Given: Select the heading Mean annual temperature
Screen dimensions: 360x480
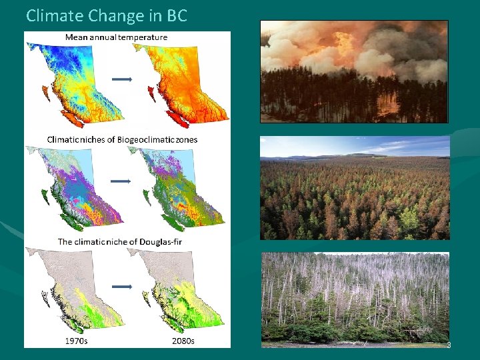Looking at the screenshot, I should [116, 37].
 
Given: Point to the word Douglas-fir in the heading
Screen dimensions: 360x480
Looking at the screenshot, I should [167, 241].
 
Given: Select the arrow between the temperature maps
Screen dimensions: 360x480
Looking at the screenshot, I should [121, 79].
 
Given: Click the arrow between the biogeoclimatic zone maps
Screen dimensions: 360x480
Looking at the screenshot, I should [121, 181].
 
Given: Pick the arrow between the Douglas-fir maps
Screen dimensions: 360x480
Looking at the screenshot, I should [121, 287].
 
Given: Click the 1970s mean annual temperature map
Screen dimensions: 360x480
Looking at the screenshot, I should [70, 83].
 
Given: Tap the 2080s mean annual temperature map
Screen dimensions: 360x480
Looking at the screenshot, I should [180, 83].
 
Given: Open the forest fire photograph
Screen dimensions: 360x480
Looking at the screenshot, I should [354, 71].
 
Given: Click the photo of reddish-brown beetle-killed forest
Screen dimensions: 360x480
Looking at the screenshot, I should [355, 188].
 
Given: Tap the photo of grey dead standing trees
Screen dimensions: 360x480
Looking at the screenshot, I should [355, 299].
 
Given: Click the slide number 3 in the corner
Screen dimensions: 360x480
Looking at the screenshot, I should [449, 345].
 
